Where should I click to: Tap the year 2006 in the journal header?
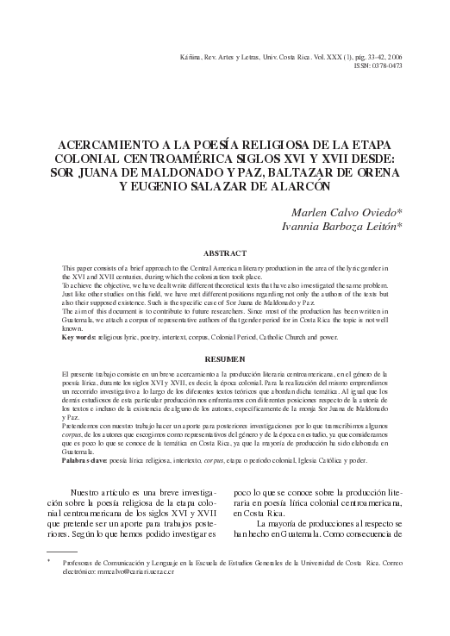click(393, 55)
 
